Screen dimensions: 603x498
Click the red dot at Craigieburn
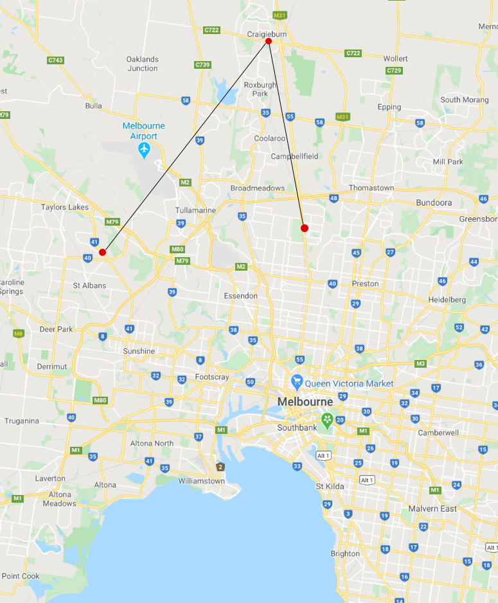269,41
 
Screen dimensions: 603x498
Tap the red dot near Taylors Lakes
102,252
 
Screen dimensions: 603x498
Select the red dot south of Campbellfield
305,228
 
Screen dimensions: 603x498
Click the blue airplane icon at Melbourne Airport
144,150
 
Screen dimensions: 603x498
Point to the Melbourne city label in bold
305,402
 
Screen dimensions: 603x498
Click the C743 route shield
55,60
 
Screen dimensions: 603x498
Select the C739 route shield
203,65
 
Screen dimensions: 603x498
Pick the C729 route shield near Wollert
394,69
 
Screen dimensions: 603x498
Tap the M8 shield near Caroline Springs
19,333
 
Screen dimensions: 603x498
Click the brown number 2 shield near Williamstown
220,467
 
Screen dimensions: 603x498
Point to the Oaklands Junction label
142,64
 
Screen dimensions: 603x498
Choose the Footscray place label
212,377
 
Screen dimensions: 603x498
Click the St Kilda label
330,486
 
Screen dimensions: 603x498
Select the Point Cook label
20,576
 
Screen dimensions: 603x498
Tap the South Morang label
463,100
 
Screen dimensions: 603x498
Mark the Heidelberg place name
447,300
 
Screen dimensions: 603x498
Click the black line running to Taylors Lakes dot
185,147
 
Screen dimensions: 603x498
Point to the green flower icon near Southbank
328,420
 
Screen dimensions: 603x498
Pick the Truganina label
21,421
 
